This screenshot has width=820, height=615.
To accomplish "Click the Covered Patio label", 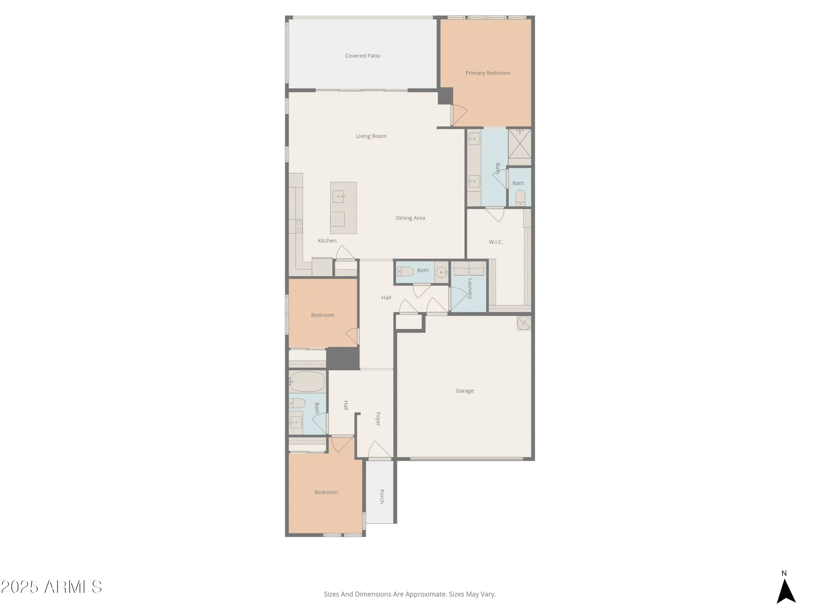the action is (362, 56).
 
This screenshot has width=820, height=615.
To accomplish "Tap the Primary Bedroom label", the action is (487, 73).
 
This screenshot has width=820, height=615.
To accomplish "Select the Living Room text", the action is (371, 136).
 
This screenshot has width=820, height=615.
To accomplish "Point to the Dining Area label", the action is (410, 218).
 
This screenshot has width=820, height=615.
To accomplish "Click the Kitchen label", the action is (327, 241).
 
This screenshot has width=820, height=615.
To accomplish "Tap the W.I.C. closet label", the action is (496, 242).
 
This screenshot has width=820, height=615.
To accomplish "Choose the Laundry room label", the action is (470, 289).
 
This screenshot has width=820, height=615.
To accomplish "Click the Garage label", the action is (465, 391).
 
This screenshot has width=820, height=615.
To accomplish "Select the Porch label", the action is (382, 496).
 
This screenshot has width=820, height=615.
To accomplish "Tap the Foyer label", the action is (378, 419).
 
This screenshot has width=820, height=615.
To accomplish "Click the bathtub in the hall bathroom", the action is (307, 382).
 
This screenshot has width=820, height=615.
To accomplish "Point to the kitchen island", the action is (344, 208).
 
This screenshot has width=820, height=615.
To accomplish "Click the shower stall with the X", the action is (519, 143).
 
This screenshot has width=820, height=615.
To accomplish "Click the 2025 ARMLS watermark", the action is (51, 587).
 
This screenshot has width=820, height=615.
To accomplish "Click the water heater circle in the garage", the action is (524, 323).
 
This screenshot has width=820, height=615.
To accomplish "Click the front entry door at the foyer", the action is (380, 450).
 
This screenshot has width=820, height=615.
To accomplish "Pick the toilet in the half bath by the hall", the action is (405, 271).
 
